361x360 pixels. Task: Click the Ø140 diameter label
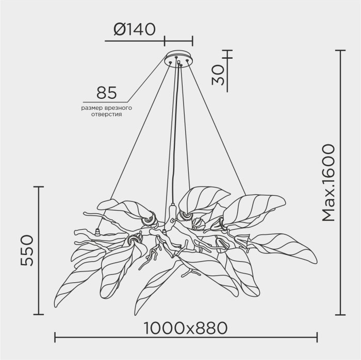click(x=135, y=29)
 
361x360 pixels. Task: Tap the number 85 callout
click(x=106, y=93)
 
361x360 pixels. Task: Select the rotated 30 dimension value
click(x=218, y=75)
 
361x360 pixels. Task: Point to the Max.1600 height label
click(x=328, y=183)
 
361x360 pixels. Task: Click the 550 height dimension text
click(x=27, y=250)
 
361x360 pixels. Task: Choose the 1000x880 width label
click(x=186, y=328)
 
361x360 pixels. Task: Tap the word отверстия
click(x=106, y=114)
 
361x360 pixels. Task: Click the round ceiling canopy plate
click(x=179, y=58)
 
